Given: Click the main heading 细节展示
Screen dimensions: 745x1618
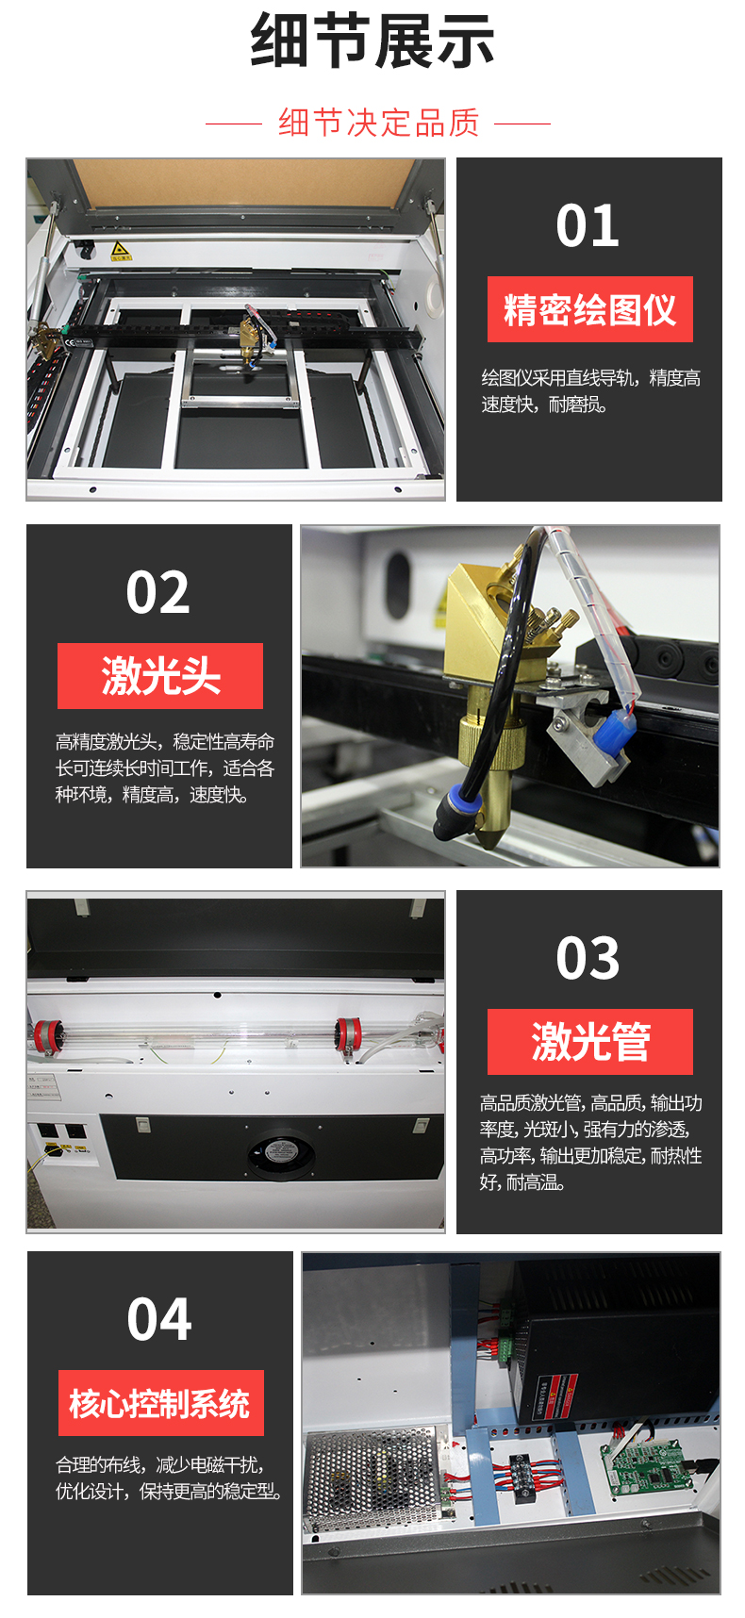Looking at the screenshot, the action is (372, 41).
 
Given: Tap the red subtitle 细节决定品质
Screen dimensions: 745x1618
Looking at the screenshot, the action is (379, 123).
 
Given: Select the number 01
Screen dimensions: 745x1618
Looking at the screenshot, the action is (588, 226).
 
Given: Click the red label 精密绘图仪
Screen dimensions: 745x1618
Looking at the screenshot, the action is (590, 309).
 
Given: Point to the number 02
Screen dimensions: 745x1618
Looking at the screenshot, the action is (158, 593).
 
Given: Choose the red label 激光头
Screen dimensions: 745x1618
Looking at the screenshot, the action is (160, 676).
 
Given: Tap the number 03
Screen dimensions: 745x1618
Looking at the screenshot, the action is (588, 959).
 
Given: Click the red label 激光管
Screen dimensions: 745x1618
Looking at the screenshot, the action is (590, 1042).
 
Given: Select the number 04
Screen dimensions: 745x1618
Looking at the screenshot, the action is (159, 1320).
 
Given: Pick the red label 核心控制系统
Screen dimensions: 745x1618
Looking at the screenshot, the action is (160, 1403).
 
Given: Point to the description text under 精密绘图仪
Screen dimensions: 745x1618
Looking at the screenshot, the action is (590, 391).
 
